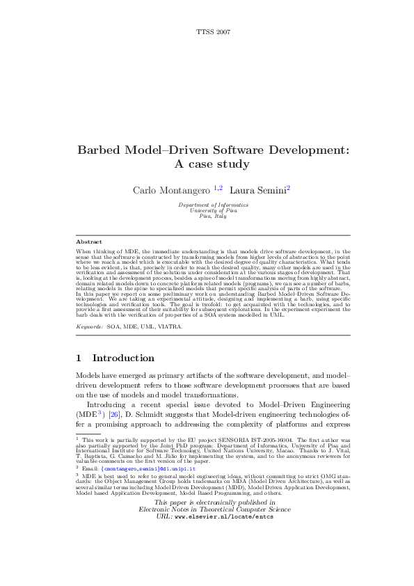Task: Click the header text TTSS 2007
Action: click(x=214, y=33)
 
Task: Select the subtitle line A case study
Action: click(x=214, y=165)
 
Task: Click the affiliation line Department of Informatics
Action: click(x=213, y=205)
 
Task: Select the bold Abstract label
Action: click(x=89, y=241)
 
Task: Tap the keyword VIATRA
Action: click(x=171, y=326)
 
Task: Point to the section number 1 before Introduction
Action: click(x=79, y=358)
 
